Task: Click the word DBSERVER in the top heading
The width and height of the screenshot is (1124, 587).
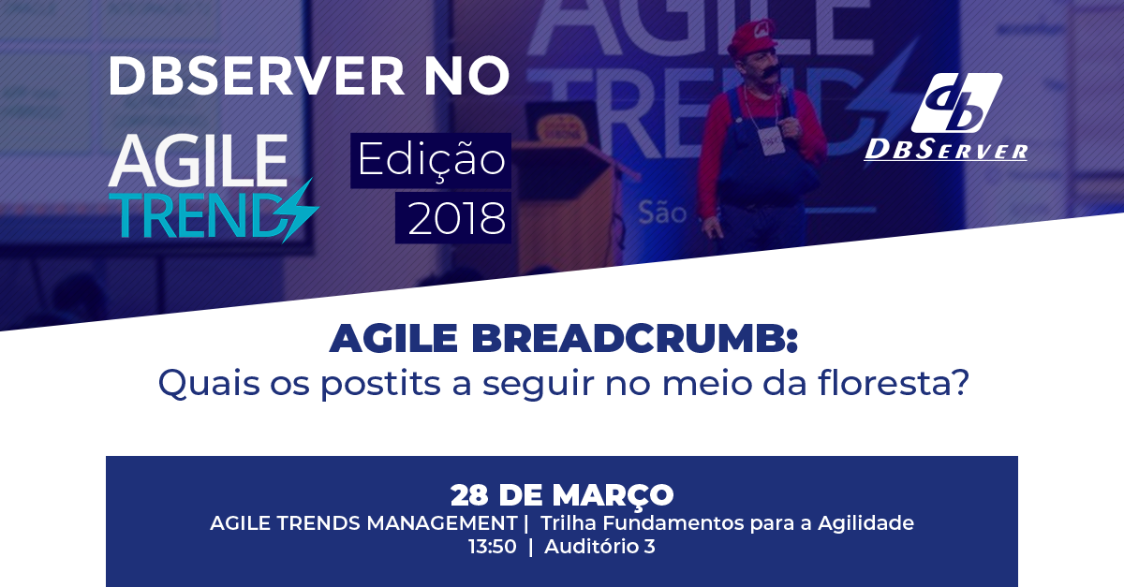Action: pyautogui.click(x=256, y=76)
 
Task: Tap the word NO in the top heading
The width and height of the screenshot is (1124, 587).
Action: pyautogui.click(x=466, y=76)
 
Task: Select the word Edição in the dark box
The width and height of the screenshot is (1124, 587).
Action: pyautogui.click(x=432, y=160)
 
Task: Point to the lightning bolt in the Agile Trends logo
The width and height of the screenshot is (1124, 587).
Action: pyautogui.click(x=300, y=212)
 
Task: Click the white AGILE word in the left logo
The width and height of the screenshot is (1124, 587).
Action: pyautogui.click(x=198, y=160)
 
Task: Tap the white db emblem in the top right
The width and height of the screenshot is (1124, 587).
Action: pyautogui.click(x=956, y=102)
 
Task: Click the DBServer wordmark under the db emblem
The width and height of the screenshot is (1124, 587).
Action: pyautogui.click(x=946, y=150)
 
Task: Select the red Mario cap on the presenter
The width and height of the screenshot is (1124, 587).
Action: pyautogui.click(x=754, y=37)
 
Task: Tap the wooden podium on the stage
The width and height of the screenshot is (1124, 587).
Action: pyautogui.click(x=567, y=200)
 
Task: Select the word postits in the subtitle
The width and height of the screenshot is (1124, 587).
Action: pyautogui.click(x=381, y=384)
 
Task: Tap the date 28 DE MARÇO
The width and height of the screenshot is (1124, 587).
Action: pyautogui.click(x=562, y=495)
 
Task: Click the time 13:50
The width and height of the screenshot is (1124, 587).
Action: pyautogui.click(x=493, y=547)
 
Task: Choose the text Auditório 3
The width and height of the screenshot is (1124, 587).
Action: pyautogui.click(x=599, y=547)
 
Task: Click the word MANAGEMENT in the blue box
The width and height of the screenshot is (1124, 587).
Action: pyautogui.click(x=442, y=523)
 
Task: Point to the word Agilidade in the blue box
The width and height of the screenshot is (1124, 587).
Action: pyautogui.click(x=866, y=523)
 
